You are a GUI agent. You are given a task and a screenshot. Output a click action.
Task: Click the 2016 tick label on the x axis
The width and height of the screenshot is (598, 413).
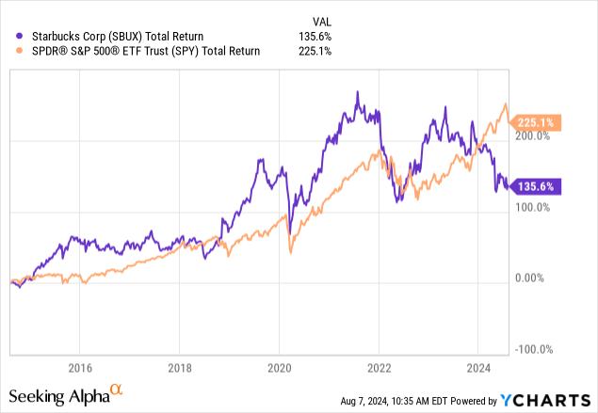point(80,366)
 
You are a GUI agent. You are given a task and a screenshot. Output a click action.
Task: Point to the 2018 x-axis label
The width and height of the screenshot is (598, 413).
point(180,366)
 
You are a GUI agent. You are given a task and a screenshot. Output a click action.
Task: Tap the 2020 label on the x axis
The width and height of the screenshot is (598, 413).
point(280,366)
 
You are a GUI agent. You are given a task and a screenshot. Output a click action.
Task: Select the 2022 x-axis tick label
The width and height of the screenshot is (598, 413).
point(380,366)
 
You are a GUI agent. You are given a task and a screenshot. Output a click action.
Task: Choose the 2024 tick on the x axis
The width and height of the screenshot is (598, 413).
point(479,366)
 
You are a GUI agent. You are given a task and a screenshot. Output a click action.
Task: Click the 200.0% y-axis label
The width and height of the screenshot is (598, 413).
point(534,135)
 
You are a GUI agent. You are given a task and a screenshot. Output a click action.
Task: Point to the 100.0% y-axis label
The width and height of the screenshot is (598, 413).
point(534,207)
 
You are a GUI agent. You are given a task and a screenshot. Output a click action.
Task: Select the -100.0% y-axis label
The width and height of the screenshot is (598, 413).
point(532,349)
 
